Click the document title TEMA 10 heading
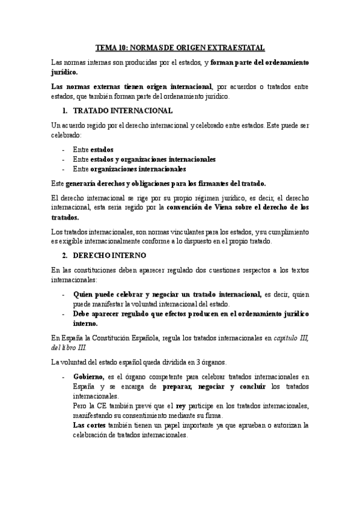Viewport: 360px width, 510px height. [x=180, y=47]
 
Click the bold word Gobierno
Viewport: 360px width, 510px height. [x=88, y=377]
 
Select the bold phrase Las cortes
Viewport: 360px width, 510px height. [x=89, y=425]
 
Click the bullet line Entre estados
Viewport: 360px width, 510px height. [x=93, y=149]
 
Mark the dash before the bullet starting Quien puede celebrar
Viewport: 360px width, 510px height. [x=64, y=295]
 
